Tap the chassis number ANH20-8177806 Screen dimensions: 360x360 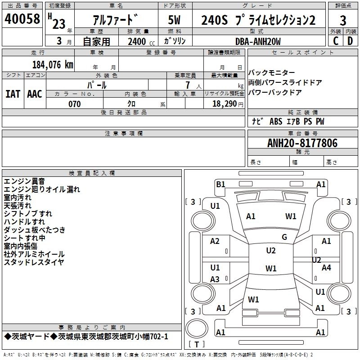[x=302, y=143]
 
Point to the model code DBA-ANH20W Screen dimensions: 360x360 [x=258, y=41]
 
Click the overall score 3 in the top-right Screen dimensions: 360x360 [x=343, y=21]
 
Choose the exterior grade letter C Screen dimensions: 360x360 [x=335, y=41]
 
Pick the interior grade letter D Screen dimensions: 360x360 [x=350, y=41]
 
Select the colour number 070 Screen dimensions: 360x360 [x=75, y=104]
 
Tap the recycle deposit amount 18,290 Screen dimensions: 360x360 [x=225, y=104]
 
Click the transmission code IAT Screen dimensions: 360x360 [x=13, y=94]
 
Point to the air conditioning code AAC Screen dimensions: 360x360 [x=34, y=94]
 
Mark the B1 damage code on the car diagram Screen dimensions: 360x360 [x=220, y=184]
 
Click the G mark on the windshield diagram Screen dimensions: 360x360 [x=284, y=237]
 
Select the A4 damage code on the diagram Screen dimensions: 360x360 [x=326, y=268]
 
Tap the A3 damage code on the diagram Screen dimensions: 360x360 [x=215, y=279]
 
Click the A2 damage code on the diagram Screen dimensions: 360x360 [x=215, y=241]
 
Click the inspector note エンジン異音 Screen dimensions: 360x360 [x=24, y=181]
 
